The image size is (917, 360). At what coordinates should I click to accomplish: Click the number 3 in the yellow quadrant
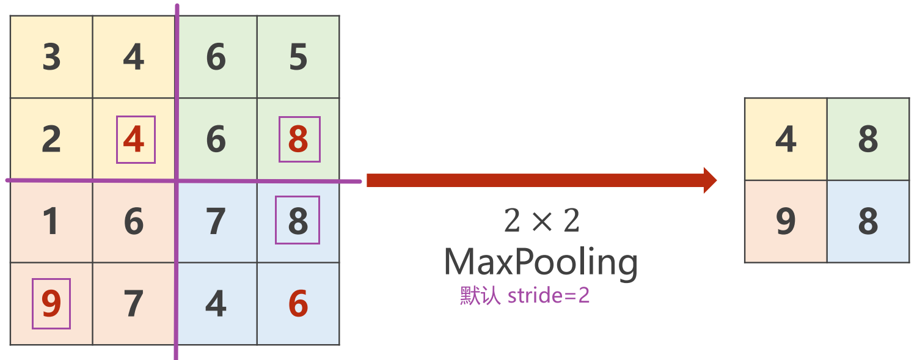pyautogui.click(x=52, y=57)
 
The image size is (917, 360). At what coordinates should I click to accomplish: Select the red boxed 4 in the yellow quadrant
pyautogui.click(x=134, y=140)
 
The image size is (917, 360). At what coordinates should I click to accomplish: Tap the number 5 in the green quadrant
pyautogui.click(x=298, y=57)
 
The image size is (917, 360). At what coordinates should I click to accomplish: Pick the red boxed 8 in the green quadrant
pyautogui.click(x=298, y=140)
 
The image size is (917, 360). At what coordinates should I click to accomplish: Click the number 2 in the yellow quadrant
pyautogui.click(x=52, y=140)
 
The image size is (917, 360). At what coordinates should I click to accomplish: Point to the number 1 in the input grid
pyautogui.click(x=52, y=222)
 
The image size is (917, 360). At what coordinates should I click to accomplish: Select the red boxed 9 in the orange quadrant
pyautogui.click(x=52, y=304)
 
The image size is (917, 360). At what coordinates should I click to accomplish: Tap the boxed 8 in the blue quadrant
pyautogui.click(x=298, y=220)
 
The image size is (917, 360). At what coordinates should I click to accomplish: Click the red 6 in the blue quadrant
pyautogui.click(x=298, y=304)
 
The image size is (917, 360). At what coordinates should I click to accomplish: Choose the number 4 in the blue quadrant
pyautogui.click(x=216, y=304)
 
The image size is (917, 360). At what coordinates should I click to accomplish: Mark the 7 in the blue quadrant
pyautogui.click(x=216, y=222)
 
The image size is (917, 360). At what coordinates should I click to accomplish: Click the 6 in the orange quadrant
pyautogui.click(x=134, y=222)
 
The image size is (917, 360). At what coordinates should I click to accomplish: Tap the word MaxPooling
pyautogui.click(x=541, y=262)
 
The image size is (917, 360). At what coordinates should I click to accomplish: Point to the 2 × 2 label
pyautogui.click(x=541, y=221)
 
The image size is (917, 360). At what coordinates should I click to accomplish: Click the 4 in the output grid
pyautogui.click(x=786, y=140)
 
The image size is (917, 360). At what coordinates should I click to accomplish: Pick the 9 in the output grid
pyautogui.click(x=786, y=222)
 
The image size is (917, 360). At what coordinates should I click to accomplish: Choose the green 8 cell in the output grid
pyautogui.click(x=868, y=140)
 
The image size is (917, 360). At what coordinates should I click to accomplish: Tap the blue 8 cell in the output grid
pyautogui.click(x=868, y=222)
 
